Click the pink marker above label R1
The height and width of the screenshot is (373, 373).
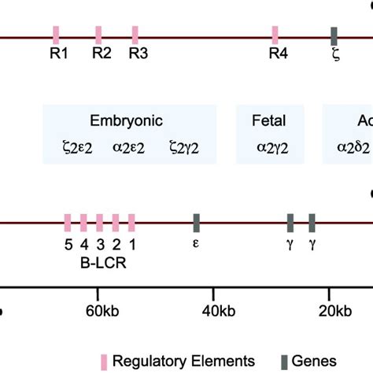57,35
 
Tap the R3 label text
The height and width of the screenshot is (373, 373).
138,54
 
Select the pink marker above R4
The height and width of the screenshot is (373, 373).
275,35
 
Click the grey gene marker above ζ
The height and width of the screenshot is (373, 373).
334,35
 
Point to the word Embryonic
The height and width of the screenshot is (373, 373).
127,120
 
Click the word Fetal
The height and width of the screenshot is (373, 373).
268,120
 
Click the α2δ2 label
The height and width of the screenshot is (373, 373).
354,146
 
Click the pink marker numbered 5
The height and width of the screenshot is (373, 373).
68,223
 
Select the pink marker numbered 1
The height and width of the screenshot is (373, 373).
132,223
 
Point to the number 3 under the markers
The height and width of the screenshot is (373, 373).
100,243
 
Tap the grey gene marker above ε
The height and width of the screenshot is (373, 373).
197,223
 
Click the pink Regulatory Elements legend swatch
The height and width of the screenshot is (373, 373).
103,360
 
